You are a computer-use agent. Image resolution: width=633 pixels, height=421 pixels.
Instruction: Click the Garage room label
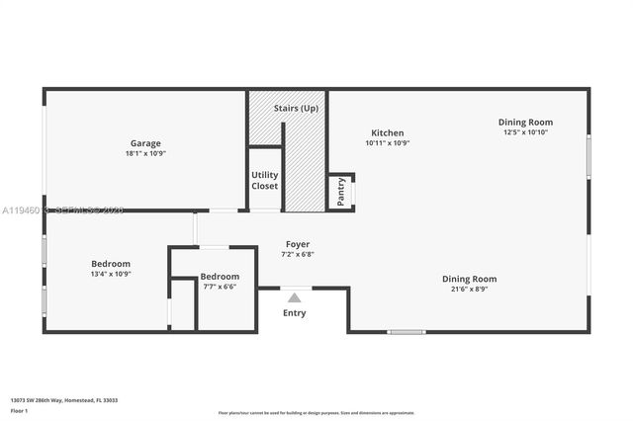pyautogui.click(x=145, y=143)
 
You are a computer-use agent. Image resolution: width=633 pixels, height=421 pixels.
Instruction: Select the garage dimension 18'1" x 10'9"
pyautogui.click(x=145, y=154)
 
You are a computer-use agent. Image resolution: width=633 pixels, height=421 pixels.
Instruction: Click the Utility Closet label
pyautogui.click(x=264, y=180)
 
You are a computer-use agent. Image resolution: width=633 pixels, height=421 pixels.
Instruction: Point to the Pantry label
pyautogui.click(x=341, y=191)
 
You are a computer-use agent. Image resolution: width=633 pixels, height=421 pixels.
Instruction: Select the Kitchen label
pyautogui.click(x=387, y=132)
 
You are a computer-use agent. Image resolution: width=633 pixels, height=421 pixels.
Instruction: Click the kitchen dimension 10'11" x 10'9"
pyautogui.click(x=387, y=143)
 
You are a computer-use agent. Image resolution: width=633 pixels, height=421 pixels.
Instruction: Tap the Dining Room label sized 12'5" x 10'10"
pyautogui.click(x=525, y=122)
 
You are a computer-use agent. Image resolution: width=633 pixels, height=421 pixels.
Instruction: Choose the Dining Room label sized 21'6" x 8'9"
pyautogui.click(x=469, y=279)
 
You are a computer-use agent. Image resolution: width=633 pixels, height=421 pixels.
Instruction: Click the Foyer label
pyautogui.click(x=298, y=243)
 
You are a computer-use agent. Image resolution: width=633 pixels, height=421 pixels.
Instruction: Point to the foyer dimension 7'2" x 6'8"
pyautogui.click(x=298, y=254)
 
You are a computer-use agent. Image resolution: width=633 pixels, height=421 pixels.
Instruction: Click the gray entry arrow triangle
pyautogui.click(x=294, y=296)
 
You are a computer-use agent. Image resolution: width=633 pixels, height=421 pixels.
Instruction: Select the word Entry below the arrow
pyautogui.click(x=294, y=313)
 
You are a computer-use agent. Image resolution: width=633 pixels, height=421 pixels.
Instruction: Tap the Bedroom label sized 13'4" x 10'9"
pyautogui.click(x=111, y=264)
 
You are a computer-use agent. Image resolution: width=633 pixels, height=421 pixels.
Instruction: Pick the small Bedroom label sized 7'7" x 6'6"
pyautogui.click(x=220, y=276)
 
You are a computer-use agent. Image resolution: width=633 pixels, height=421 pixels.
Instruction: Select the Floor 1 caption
pyautogui.click(x=20, y=410)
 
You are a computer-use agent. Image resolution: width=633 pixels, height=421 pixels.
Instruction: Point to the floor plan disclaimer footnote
pyautogui.click(x=316, y=413)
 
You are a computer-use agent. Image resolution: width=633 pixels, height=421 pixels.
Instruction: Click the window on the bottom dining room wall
pyautogui.click(x=406, y=332)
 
